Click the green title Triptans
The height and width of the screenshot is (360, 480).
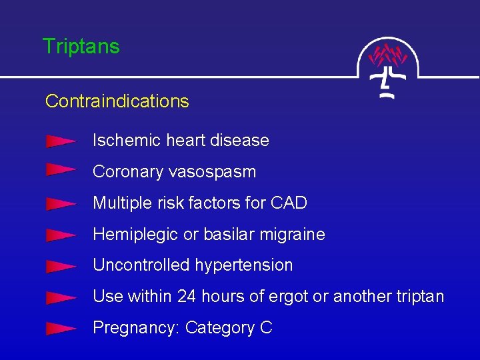point(81,47)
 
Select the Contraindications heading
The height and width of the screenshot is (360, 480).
point(117,101)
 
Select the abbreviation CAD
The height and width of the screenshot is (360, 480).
point(289,203)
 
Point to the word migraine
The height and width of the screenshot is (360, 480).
point(293,235)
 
